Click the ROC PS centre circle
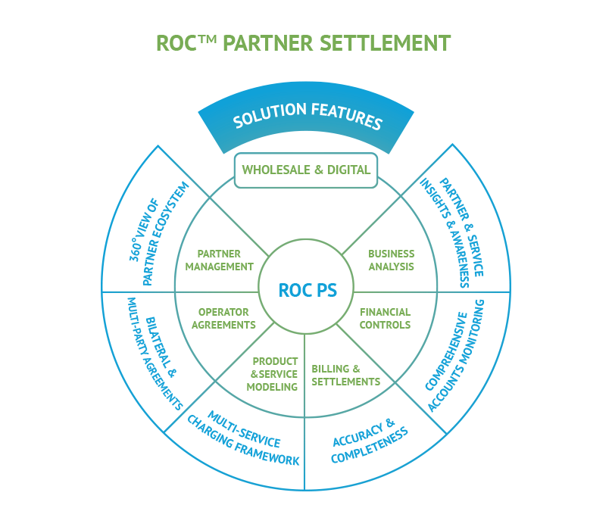click(x=306, y=290)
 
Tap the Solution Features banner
click(x=307, y=120)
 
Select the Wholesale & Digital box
click(x=306, y=170)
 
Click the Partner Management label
click(x=219, y=260)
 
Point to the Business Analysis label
click(x=391, y=260)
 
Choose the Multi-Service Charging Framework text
click(x=244, y=438)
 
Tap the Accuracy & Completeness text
click(x=370, y=441)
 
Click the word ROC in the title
click(x=176, y=42)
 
